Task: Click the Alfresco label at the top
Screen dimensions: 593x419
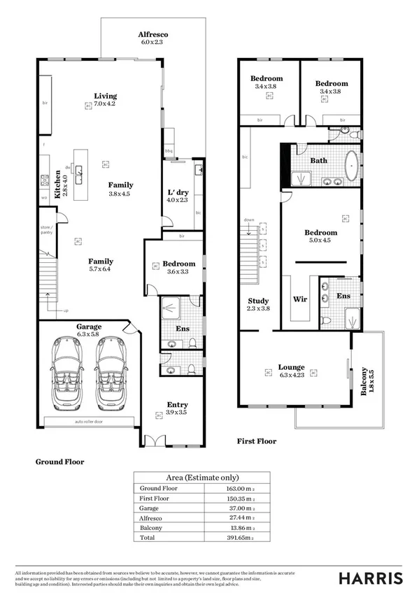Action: tap(153, 34)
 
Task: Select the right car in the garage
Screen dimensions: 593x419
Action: tap(111, 374)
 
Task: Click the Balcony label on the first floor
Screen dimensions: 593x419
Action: tap(364, 382)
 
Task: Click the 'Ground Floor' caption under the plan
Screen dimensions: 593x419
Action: tap(59, 462)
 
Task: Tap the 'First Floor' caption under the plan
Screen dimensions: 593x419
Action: tap(256, 441)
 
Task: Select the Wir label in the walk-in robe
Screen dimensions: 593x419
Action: tap(299, 298)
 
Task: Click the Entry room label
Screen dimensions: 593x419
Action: tap(176, 404)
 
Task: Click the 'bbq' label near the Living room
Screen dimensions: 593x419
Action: tap(168, 151)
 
